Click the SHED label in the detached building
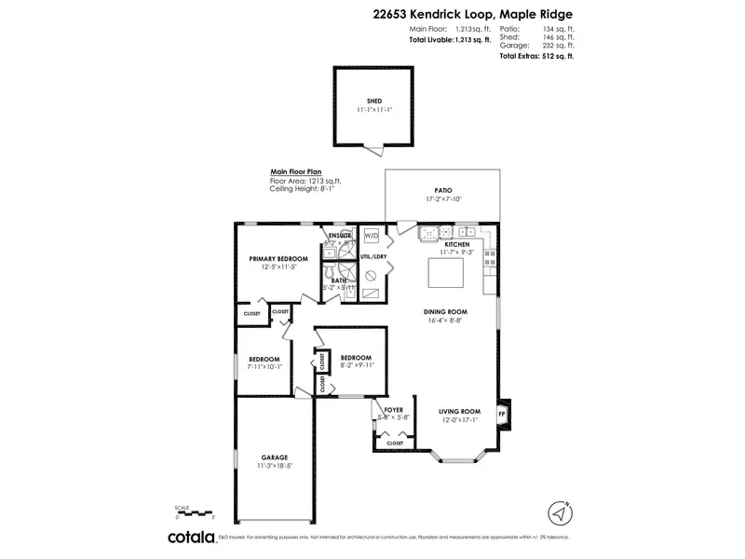pyautogui.click(x=373, y=102)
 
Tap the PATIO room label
pyautogui.click(x=443, y=189)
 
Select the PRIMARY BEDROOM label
pyautogui.click(x=278, y=258)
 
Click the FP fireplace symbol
pyautogui.click(x=503, y=414)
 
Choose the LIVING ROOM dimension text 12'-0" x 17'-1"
pyautogui.click(x=460, y=419)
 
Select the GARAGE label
pyautogui.click(x=274, y=457)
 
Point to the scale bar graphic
pyautogui.click(x=196, y=511)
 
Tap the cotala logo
pyautogui.click(x=191, y=537)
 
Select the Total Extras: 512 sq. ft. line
pyautogui.click(x=536, y=56)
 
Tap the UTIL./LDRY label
pyautogui.click(x=372, y=255)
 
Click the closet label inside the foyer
pyautogui.click(x=394, y=443)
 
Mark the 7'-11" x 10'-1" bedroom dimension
pyautogui.click(x=264, y=367)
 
